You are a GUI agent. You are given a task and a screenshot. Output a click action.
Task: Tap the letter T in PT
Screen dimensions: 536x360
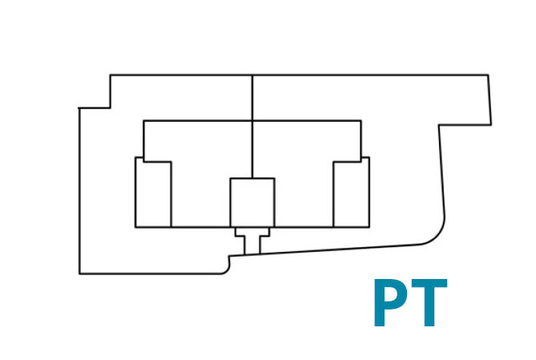pos(429,302)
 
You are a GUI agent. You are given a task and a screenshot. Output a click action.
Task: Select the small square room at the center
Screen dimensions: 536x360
pos(252,203)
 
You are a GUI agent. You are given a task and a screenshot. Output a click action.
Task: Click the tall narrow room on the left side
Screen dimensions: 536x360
pos(153,192)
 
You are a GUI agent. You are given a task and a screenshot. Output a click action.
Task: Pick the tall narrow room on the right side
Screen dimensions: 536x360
pos(352,192)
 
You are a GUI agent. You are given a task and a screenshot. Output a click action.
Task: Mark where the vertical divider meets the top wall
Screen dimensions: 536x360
pos(252,75)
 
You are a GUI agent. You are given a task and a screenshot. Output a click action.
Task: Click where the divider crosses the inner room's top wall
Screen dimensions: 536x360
pos(252,120)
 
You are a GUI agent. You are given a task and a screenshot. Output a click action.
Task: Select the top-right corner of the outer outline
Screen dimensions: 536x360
pos(488,75)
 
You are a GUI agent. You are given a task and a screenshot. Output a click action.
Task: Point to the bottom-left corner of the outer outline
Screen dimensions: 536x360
pos(79,273)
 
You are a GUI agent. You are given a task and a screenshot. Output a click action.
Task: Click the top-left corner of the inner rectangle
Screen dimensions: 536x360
pos(143,120)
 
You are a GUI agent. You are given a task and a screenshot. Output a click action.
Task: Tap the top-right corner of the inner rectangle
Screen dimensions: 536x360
pos(361,120)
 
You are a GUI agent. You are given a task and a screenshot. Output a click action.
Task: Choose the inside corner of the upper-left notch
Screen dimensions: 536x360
pos(110,108)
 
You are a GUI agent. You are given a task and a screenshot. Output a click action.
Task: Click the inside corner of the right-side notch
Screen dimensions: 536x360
pos(439,125)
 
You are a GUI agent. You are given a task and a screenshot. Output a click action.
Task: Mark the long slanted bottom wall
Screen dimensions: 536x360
pos(324,250)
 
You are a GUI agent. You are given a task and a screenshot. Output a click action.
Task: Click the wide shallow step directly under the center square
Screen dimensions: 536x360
pos(252,232)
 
